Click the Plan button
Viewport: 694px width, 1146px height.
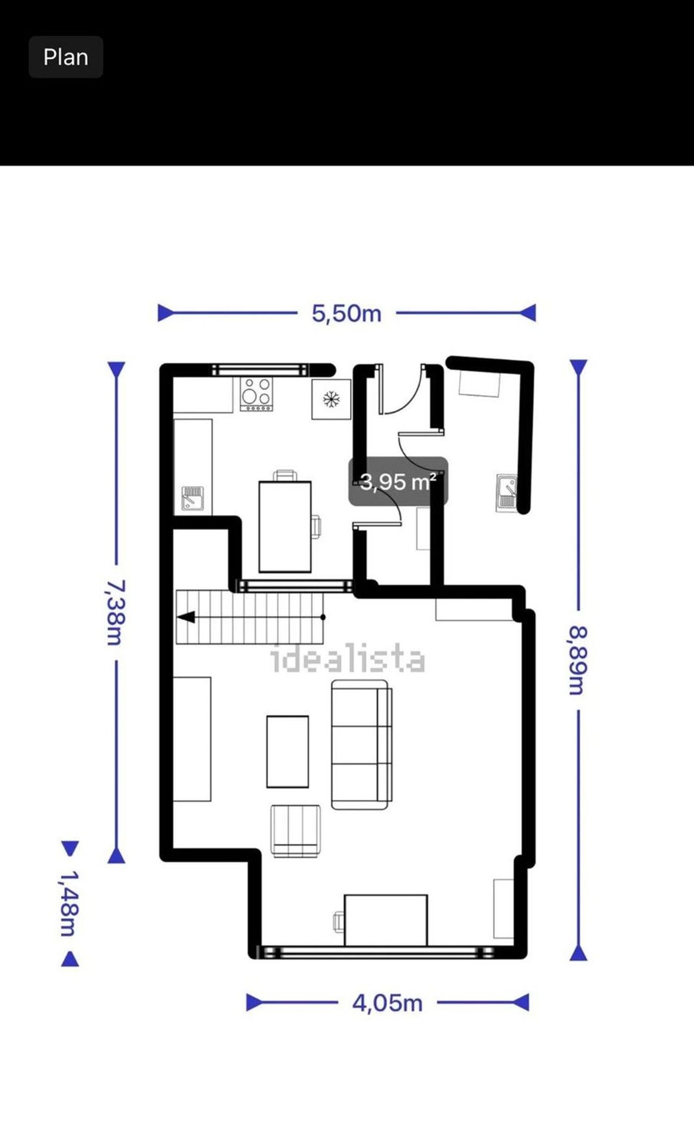click(66, 57)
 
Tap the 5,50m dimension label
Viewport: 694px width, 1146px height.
click(347, 313)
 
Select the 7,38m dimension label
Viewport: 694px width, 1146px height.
click(114, 612)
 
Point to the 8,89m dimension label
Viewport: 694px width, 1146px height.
click(578, 660)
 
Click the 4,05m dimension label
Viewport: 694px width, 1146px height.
click(387, 1003)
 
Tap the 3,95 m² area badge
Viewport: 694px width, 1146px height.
click(398, 481)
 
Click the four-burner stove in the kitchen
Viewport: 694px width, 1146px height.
click(256, 394)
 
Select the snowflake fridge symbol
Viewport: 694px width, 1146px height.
click(331, 399)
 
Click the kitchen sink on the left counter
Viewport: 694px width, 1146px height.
click(192, 497)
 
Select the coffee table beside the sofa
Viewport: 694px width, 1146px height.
click(287, 752)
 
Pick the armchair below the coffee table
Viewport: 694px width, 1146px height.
click(296, 831)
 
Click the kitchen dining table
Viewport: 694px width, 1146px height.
click(285, 527)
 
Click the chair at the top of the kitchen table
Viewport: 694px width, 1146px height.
click(285, 475)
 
